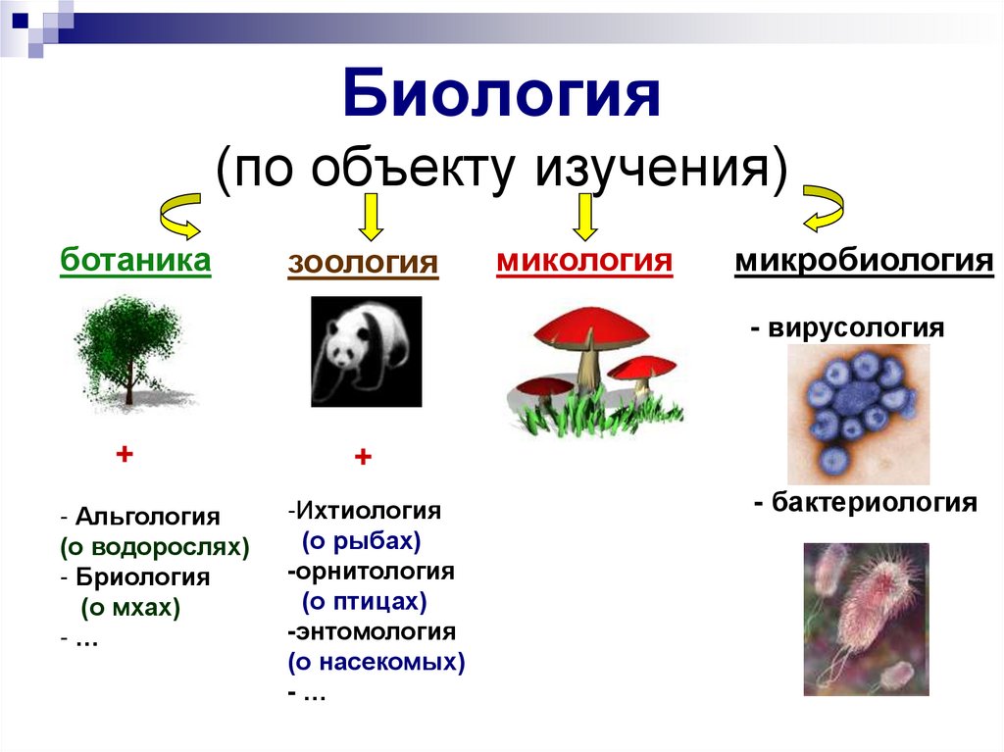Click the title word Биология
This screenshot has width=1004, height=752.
click(x=502, y=98)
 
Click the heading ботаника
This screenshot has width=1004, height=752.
click(x=135, y=262)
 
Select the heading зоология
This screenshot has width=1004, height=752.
click(x=363, y=265)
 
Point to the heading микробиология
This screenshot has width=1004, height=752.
click(x=864, y=262)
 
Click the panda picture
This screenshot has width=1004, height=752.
click(x=366, y=351)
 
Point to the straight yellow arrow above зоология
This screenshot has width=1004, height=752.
click(x=370, y=217)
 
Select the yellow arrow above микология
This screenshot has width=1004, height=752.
click(x=585, y=217)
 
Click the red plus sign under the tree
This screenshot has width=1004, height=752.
click(x=124, y=455)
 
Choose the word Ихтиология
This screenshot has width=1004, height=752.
click(x=368, y=511)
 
